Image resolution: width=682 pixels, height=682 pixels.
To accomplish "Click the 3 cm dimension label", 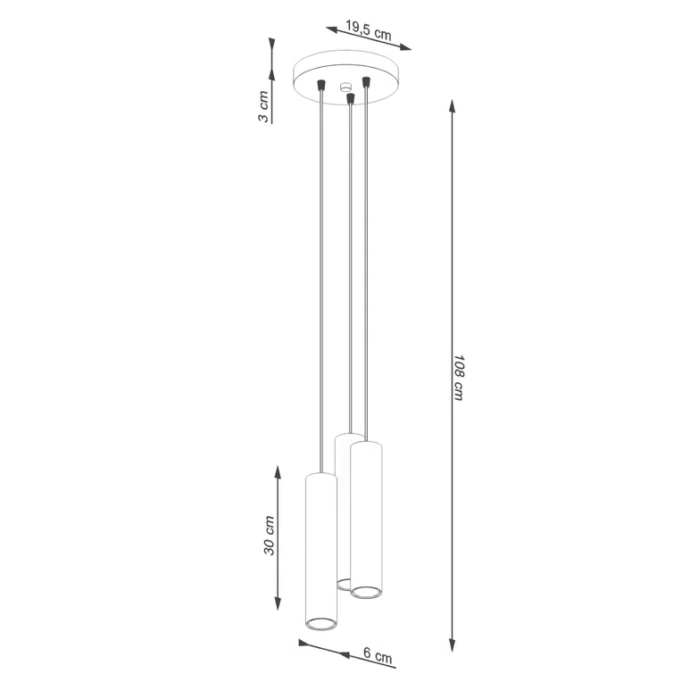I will coord(263,106).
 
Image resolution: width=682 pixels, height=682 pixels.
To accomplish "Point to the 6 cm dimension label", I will coord(378,656).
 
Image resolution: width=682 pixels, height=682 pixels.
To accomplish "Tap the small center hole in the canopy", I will coord(345,88).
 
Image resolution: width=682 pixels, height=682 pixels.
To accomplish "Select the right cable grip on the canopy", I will coord(366,83).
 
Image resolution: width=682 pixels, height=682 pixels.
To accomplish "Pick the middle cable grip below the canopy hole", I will coord(351,99).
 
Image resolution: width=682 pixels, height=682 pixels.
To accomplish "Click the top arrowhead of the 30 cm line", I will coord(279,471).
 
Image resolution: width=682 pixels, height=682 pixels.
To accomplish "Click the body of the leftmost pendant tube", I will coord(320,545).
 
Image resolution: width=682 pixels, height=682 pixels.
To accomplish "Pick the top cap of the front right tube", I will coord(366,444).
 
